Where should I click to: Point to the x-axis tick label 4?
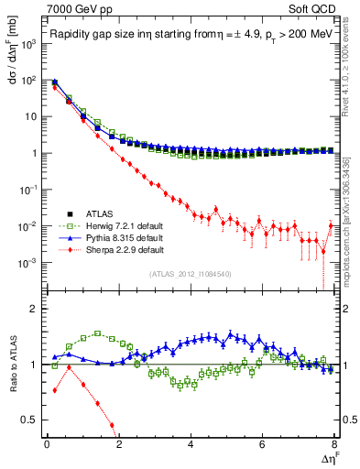point(191,443)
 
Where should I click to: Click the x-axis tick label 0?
point(47,443)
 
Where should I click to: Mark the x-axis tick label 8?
point(334,443)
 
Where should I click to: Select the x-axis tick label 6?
point(263,443)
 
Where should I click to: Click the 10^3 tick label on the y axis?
point(27,43)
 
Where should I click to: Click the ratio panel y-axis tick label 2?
point(35,308)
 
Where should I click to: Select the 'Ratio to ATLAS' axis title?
point(12,364)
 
